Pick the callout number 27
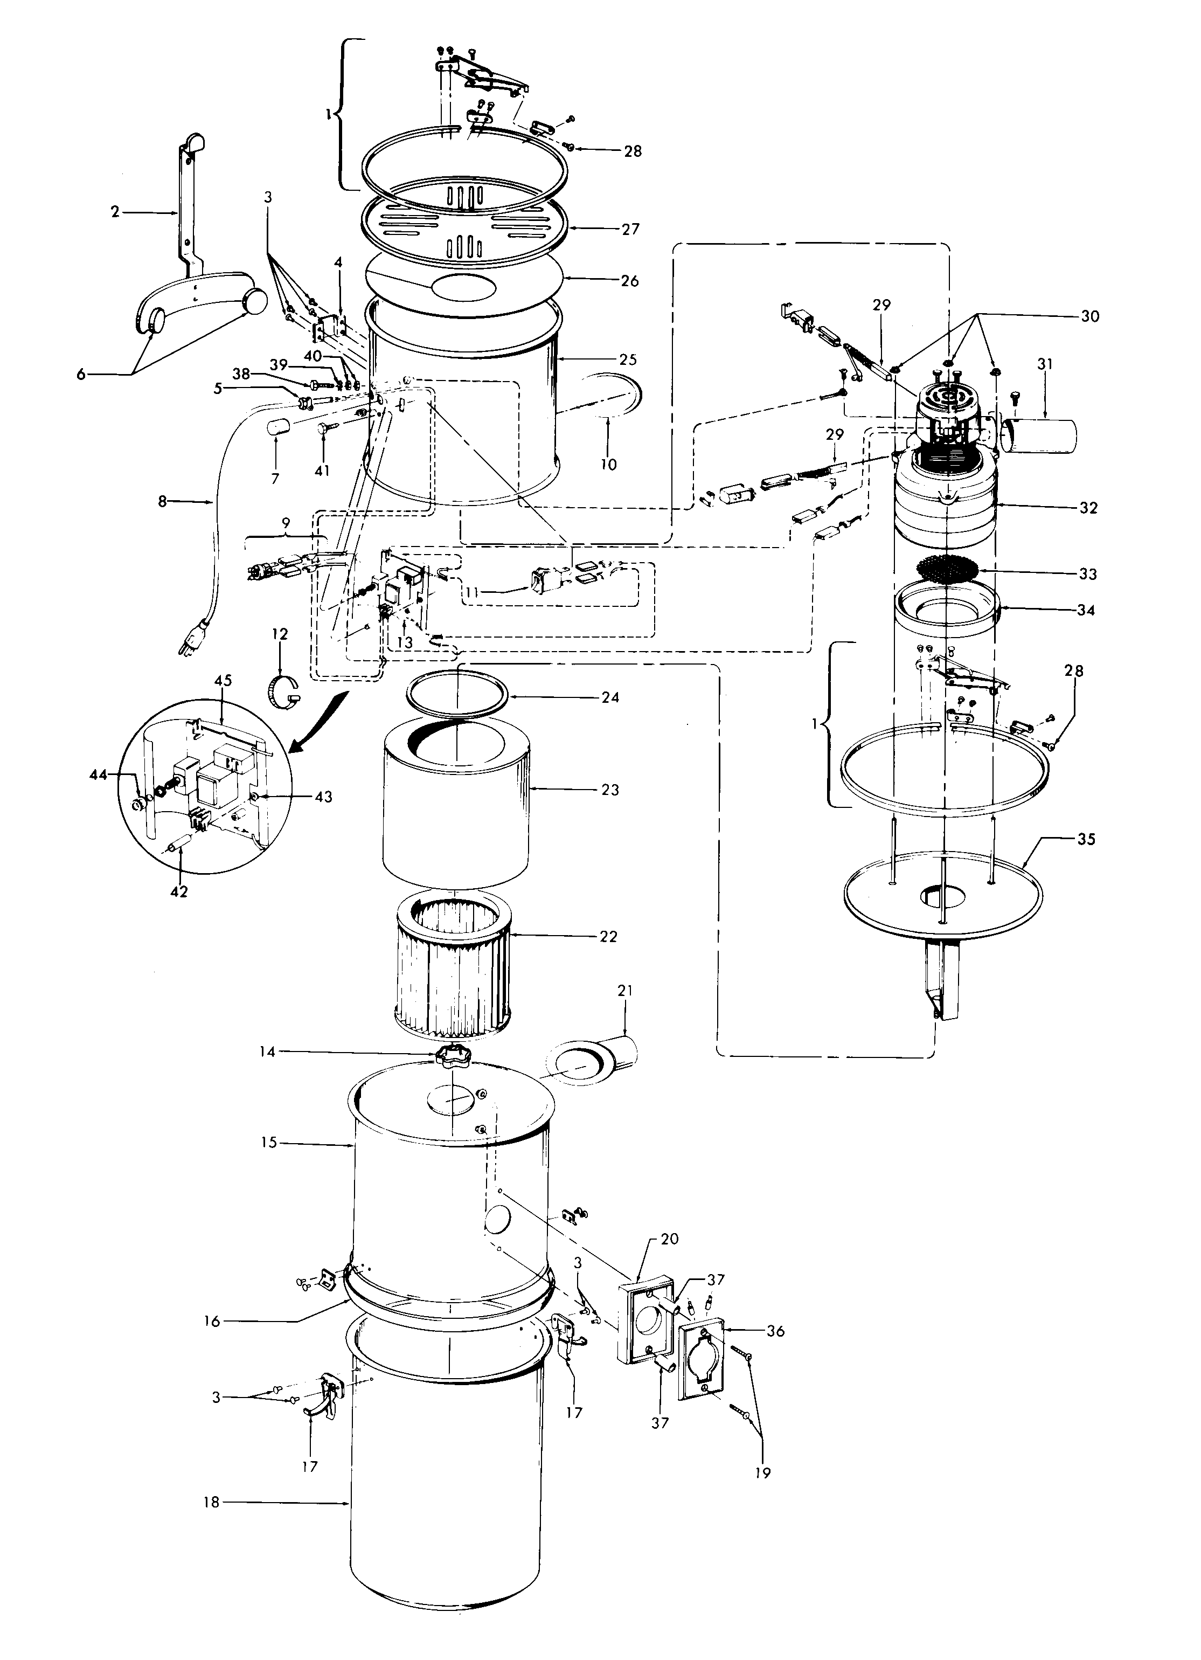[630, 229]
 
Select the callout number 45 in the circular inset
[223, 681]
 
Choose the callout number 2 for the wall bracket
[115, 212]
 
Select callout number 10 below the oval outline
[609, 464]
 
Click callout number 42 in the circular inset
[179, 891]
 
